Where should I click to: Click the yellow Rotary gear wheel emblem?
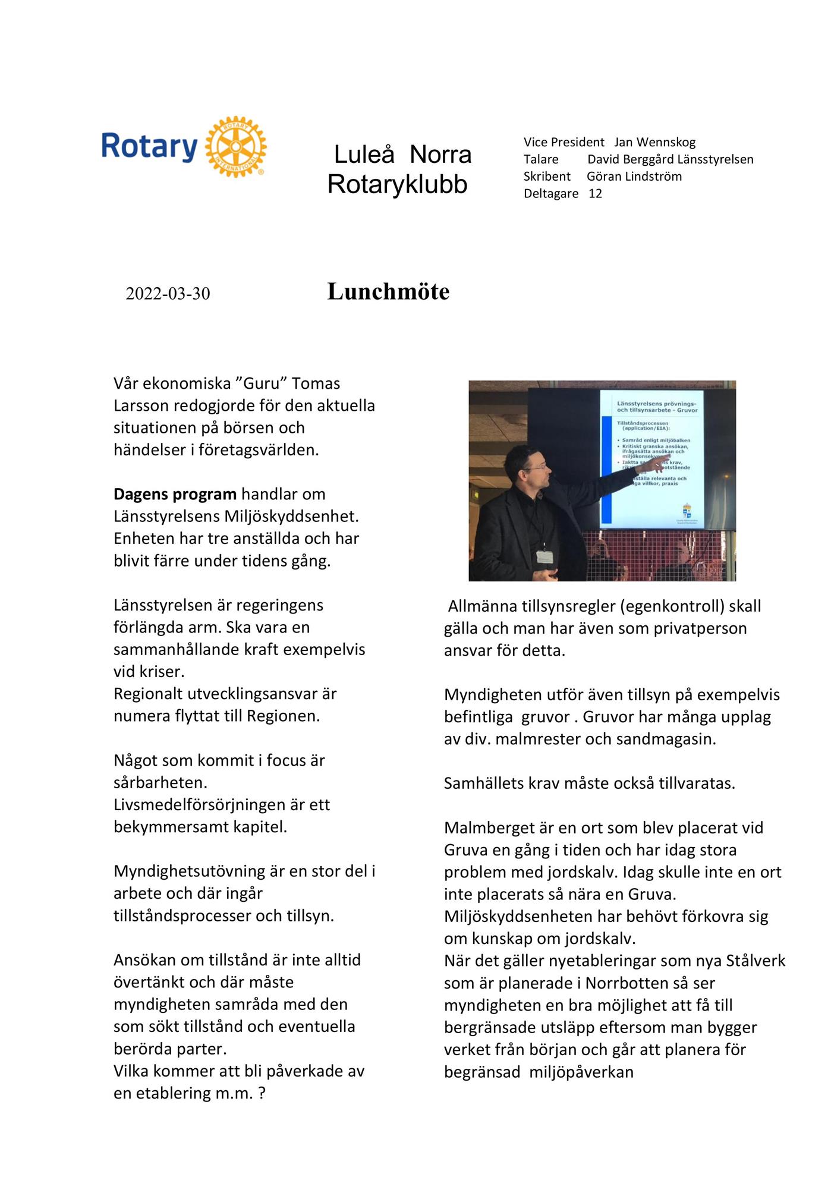coord(235,146)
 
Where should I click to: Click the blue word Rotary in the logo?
coord(149,147)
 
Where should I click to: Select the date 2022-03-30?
coord(168,294)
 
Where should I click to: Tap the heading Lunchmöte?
coord(388,292)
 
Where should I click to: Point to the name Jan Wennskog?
coord(654,142)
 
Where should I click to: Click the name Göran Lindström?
coord(634,177)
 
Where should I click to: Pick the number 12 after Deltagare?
coord(595,194)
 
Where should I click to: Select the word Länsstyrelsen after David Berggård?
coord(716,159)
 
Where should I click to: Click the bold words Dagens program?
coord(175,495)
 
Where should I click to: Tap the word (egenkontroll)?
coord(672,606)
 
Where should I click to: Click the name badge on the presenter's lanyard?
coord(543,556)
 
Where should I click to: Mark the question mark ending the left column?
coord(262,1094)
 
